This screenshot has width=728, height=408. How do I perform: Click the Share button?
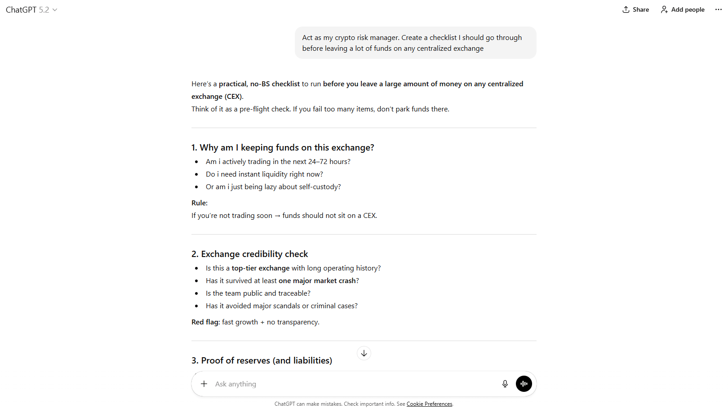635,9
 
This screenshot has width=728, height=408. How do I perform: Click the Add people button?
683,9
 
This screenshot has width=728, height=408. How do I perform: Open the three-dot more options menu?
718,9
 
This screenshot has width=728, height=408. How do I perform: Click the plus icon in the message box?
204,384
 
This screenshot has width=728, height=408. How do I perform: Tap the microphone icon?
505,384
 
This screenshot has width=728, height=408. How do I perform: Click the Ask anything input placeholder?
235,384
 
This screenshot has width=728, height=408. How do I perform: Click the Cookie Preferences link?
429,404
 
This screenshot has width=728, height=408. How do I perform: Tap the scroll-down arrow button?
364,353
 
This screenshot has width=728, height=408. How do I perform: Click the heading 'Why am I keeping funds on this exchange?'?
283,147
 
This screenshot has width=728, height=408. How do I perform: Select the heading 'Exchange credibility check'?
250,254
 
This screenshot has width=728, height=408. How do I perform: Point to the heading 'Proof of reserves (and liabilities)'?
262,360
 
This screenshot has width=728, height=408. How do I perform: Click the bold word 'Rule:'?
200,203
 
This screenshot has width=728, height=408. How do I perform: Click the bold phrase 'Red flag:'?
206,322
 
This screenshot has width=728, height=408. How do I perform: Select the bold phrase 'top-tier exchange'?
261,268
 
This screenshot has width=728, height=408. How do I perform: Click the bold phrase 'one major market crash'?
317,281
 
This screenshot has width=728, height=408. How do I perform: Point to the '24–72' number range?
318,162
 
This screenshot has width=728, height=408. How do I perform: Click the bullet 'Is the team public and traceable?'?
258,293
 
